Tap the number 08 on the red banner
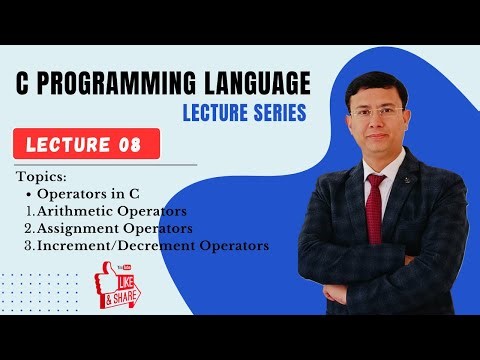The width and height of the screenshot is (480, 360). [x=135, y=143]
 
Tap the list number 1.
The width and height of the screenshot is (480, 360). [x=29, y=210]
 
